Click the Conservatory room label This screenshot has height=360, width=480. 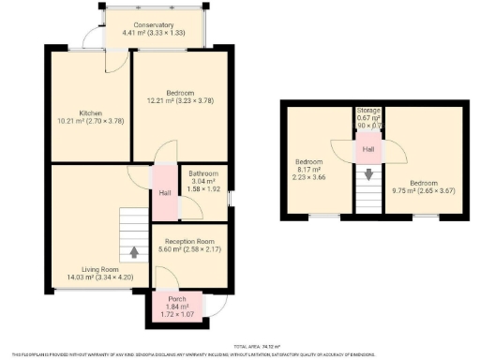point(154,24)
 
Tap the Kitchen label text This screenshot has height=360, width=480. point(91,112)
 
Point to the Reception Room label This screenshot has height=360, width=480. point(190,241)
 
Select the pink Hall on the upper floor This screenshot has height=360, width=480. point(368,149)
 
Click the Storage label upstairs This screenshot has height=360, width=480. point(368,111)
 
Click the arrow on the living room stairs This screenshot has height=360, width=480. point(134,251)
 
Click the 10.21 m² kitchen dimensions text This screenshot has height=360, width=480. point(91,120)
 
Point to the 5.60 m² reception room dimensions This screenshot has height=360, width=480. point(189,249)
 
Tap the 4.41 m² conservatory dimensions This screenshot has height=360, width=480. point(154,33)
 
